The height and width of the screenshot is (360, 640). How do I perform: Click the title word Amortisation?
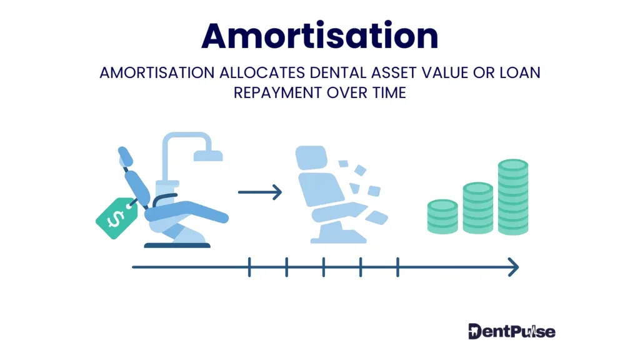click(319, 36)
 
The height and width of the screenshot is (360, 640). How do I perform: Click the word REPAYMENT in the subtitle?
click(277, 93)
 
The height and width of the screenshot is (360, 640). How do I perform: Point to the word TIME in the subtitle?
click(386, 93)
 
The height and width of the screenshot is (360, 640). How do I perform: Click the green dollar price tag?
click(116, 217)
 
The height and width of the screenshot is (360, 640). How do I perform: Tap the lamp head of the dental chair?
click(207, 154)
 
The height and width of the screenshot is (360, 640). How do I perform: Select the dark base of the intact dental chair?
click(177, 244)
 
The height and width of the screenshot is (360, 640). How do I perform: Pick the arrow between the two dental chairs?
click(260, 192)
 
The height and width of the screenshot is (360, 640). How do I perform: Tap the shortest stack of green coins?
click(442, 216)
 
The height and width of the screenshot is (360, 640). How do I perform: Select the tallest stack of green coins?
click(512, 196)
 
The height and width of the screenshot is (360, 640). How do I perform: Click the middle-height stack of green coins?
click(477, 207)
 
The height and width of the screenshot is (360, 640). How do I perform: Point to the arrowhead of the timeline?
click(514, 267)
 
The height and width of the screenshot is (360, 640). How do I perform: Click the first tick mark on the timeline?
click(249, 267)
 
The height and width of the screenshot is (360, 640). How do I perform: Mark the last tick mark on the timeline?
click(397, 267)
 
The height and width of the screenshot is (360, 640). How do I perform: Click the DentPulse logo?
click(511, 331)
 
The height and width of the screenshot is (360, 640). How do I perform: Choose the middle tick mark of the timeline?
click(323, 267)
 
